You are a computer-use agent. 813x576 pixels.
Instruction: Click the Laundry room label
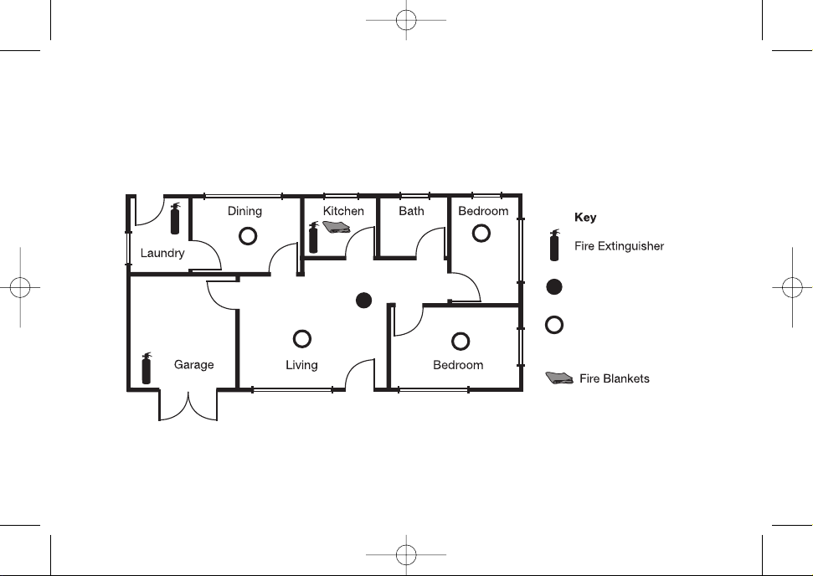tap(162, 253)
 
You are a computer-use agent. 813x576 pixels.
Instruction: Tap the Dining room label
tap(244, 211)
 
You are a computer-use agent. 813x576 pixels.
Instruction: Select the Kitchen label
tap(343, 211)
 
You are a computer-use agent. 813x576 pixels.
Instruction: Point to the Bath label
tap(411, 211)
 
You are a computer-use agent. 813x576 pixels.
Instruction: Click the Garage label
tap(194, 365)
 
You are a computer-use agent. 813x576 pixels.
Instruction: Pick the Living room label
tap(301, 365)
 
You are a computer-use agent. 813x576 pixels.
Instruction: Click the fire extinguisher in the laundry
tap(175, 219)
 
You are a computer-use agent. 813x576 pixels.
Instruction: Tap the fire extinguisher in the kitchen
tap(313, 238)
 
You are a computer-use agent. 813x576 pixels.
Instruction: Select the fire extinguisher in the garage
tap(147, 368)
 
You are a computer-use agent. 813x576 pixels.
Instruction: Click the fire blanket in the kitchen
tap(337, 227)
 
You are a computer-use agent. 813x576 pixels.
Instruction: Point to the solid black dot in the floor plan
tap(364, 301)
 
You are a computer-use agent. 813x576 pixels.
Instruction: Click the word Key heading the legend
tap(585, 218)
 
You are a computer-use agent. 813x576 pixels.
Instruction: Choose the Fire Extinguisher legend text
tap(619, 246)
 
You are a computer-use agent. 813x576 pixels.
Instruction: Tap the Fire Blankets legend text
tap(615, 378)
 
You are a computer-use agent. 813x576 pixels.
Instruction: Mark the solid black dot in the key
tap(554, 286)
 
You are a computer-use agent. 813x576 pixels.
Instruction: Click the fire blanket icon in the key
tap(559, 378)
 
